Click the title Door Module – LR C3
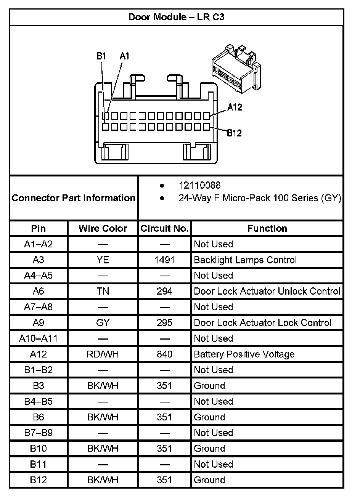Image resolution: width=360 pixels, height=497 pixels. coord(178,17)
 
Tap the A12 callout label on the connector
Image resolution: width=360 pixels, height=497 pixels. coord(235,107)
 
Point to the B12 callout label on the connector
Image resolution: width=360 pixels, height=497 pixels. coord(234,133)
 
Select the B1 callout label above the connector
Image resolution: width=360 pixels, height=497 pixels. coord(101,56)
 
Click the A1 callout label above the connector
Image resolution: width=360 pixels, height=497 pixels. coord(124,56)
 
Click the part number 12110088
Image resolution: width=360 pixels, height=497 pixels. coord(199,185)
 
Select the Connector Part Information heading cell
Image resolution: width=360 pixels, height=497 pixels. coord(74,198)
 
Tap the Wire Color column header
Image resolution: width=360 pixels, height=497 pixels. coord(103,228)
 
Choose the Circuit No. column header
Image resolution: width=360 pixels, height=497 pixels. coord(164,228)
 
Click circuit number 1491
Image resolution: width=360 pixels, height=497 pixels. coord(164,260)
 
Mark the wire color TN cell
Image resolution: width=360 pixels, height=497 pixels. coord(103,291)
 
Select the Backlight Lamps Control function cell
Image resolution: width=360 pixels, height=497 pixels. coord(245,260)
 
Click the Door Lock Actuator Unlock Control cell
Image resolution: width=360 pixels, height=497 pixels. coord(267,291)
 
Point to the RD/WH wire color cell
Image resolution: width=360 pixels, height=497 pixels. coord(103,354)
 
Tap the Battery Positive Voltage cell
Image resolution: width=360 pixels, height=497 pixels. coord(244,354)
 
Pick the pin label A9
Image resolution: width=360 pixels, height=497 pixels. coord(38,323)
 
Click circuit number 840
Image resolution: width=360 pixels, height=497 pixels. coord(164,354)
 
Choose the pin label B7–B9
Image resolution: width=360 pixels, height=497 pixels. coord(38,433)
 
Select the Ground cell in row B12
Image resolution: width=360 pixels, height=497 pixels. coord(209,480)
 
